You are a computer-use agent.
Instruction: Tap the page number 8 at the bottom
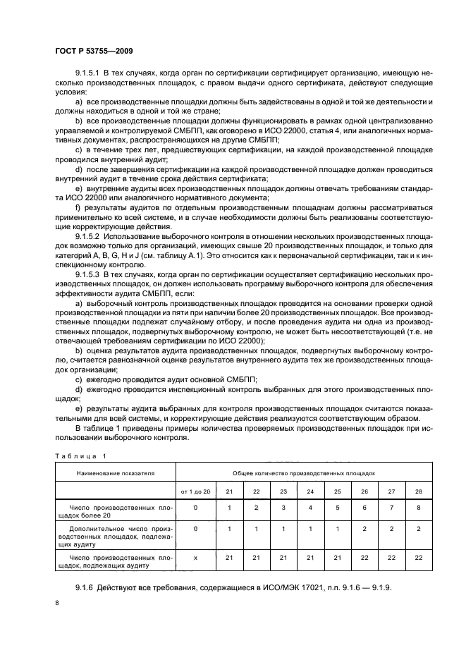tap(57, 604)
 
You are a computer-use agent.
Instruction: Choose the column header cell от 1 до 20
tap(195, 490)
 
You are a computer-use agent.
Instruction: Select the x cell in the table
tap(195, 557)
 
